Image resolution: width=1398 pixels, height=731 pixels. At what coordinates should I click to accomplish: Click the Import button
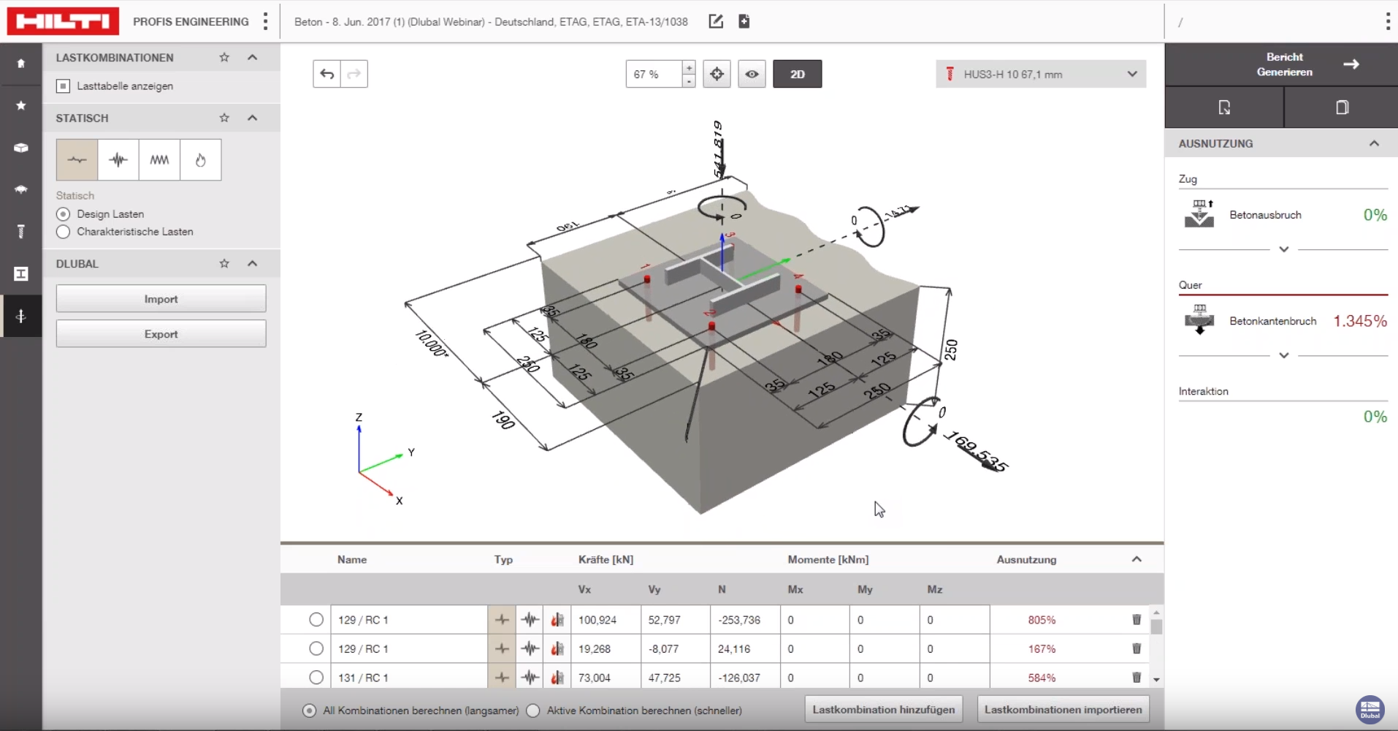(161, 299)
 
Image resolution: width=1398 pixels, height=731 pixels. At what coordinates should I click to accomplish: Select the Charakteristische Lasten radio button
(64, 232)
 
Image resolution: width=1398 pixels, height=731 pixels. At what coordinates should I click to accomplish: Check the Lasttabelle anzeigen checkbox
(64, 86)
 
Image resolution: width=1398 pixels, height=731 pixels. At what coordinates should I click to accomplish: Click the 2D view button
(797, 74)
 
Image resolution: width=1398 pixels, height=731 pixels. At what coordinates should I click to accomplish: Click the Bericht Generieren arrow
(1351, 64)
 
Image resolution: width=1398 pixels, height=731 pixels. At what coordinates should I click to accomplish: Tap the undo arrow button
(326, 74)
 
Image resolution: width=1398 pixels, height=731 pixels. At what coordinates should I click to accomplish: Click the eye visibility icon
(752, 74)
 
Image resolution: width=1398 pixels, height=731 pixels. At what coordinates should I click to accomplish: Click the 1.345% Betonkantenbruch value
(1359, 321)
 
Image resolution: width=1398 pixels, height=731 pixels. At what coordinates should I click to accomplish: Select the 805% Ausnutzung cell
(1042, 620)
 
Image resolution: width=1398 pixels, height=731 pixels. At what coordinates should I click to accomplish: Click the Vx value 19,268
(595, 649)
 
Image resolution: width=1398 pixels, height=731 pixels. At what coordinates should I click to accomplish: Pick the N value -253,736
(739, 620)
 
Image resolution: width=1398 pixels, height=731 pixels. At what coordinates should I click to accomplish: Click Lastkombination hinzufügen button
(883, 709)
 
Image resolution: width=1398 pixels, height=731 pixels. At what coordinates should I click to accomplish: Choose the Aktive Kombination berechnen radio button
(534, 711)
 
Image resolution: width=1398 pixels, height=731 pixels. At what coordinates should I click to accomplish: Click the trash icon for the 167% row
(1137, 648)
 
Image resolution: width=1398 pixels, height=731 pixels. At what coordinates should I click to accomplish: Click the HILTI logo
(63, 21)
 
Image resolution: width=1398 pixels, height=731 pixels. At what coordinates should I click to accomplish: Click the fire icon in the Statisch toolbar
(201, 160)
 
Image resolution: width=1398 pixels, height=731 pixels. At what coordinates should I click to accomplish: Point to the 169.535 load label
(976, 451)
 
